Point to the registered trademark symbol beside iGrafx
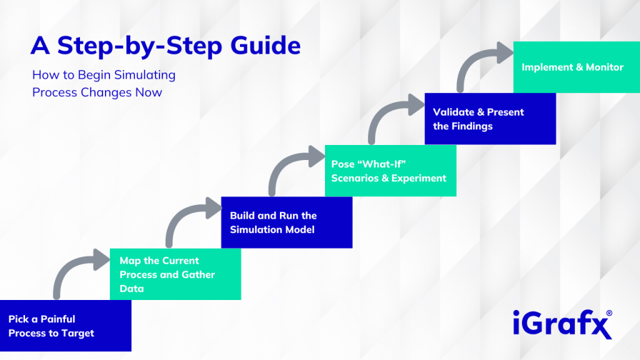pos(609,313)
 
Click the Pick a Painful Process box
pos(66,326)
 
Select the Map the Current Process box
pos(175,274)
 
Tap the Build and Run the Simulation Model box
pos(286,222)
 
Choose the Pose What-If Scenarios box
pos(390,171)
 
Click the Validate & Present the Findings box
pos(490,119)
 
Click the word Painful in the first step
pos(58,319)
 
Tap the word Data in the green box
pos(132,288)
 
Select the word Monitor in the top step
pos(604,67)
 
